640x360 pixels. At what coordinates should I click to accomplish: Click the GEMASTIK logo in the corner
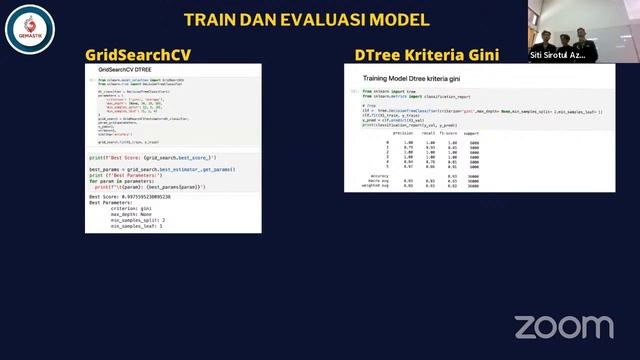(22, 21)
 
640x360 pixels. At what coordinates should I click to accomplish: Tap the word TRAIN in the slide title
(211, 20)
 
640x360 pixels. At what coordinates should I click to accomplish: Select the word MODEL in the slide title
(400, 20)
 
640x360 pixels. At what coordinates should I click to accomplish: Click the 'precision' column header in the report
(403, 132)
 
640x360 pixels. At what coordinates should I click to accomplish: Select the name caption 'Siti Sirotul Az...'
(558, 55)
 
